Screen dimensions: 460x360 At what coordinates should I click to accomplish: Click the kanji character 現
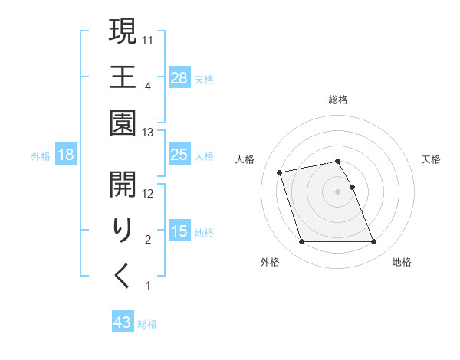click(123, 32)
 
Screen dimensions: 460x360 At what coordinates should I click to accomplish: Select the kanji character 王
click(123, 77)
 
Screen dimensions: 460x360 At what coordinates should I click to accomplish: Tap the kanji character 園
click(123, 121)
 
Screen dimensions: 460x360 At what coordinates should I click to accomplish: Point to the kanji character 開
click(123, 184)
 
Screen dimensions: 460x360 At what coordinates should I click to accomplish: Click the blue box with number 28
click(179, 77)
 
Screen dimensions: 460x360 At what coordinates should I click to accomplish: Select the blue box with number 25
click(179, 155)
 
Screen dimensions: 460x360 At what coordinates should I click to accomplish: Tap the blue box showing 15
click(179, 231)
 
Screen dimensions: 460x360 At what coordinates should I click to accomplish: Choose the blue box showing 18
click(66, 155)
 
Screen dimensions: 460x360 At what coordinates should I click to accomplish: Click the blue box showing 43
click(123, 322)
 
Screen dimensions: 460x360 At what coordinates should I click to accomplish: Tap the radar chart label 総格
click(337, 100)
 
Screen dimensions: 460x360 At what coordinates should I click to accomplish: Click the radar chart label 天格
click(431, 159)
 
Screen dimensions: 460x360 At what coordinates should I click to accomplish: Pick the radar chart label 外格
click(269, 262)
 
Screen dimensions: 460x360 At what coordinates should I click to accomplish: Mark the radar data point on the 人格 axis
click(280, 172)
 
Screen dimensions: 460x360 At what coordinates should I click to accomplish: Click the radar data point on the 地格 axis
click(373, 242)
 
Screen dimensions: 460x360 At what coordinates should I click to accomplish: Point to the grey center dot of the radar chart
click(337, 191)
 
